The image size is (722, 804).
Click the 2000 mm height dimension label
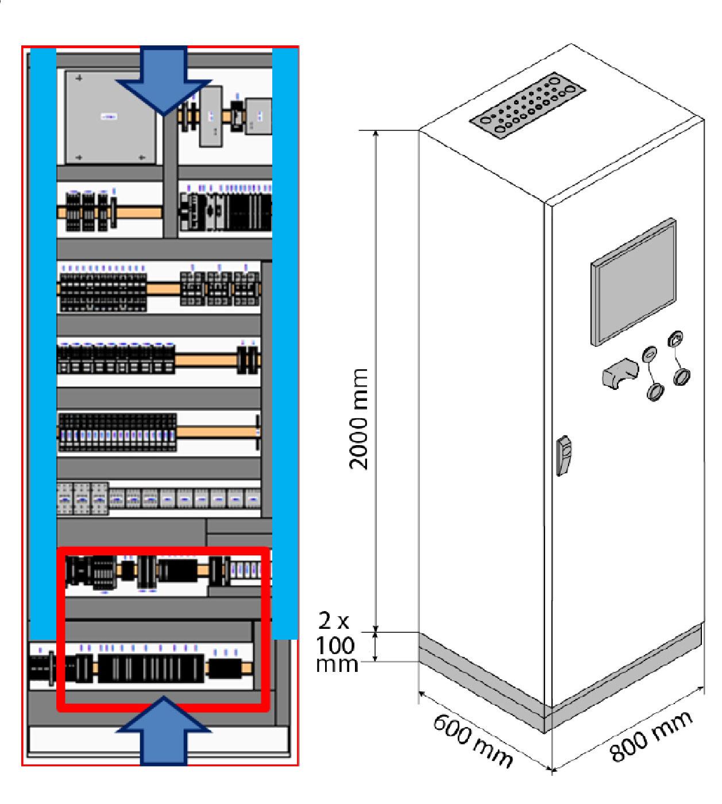point(358,419)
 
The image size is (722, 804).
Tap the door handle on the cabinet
point(563,455)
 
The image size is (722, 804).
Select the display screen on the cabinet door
point(633,282)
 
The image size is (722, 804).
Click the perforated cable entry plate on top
point(527,105)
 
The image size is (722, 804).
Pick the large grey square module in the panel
point(110,117)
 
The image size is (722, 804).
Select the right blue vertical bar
point(285,343)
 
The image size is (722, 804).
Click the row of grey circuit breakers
point(159,499)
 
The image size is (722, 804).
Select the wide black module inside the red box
point(151,668)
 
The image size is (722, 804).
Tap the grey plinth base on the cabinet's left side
point(482,681)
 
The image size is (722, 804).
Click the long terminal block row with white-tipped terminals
point(118,432)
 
